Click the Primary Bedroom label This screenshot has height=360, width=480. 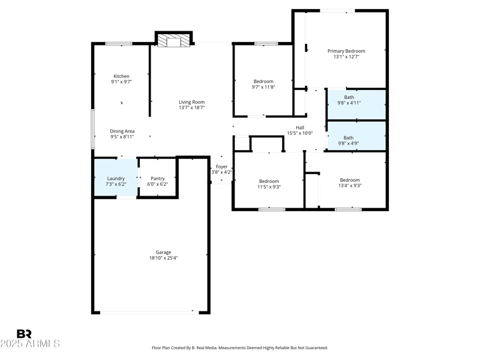point(346,51)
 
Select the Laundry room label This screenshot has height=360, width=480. point(116,178)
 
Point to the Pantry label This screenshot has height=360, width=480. point(157,178)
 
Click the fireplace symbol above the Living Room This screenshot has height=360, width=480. point(174,41)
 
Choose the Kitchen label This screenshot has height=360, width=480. point(121,76)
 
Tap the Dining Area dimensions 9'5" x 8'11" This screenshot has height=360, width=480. point(122,137)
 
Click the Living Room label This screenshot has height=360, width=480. point(191,102)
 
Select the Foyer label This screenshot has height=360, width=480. point(221,166)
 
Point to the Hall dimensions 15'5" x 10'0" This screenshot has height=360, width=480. point(299,133)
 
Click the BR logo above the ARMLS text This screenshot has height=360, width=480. point(24,334)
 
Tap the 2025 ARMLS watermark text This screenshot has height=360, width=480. point(30,344)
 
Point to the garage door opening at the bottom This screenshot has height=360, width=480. point(146,311)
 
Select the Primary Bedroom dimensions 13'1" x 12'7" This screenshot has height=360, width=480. point(346,57)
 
